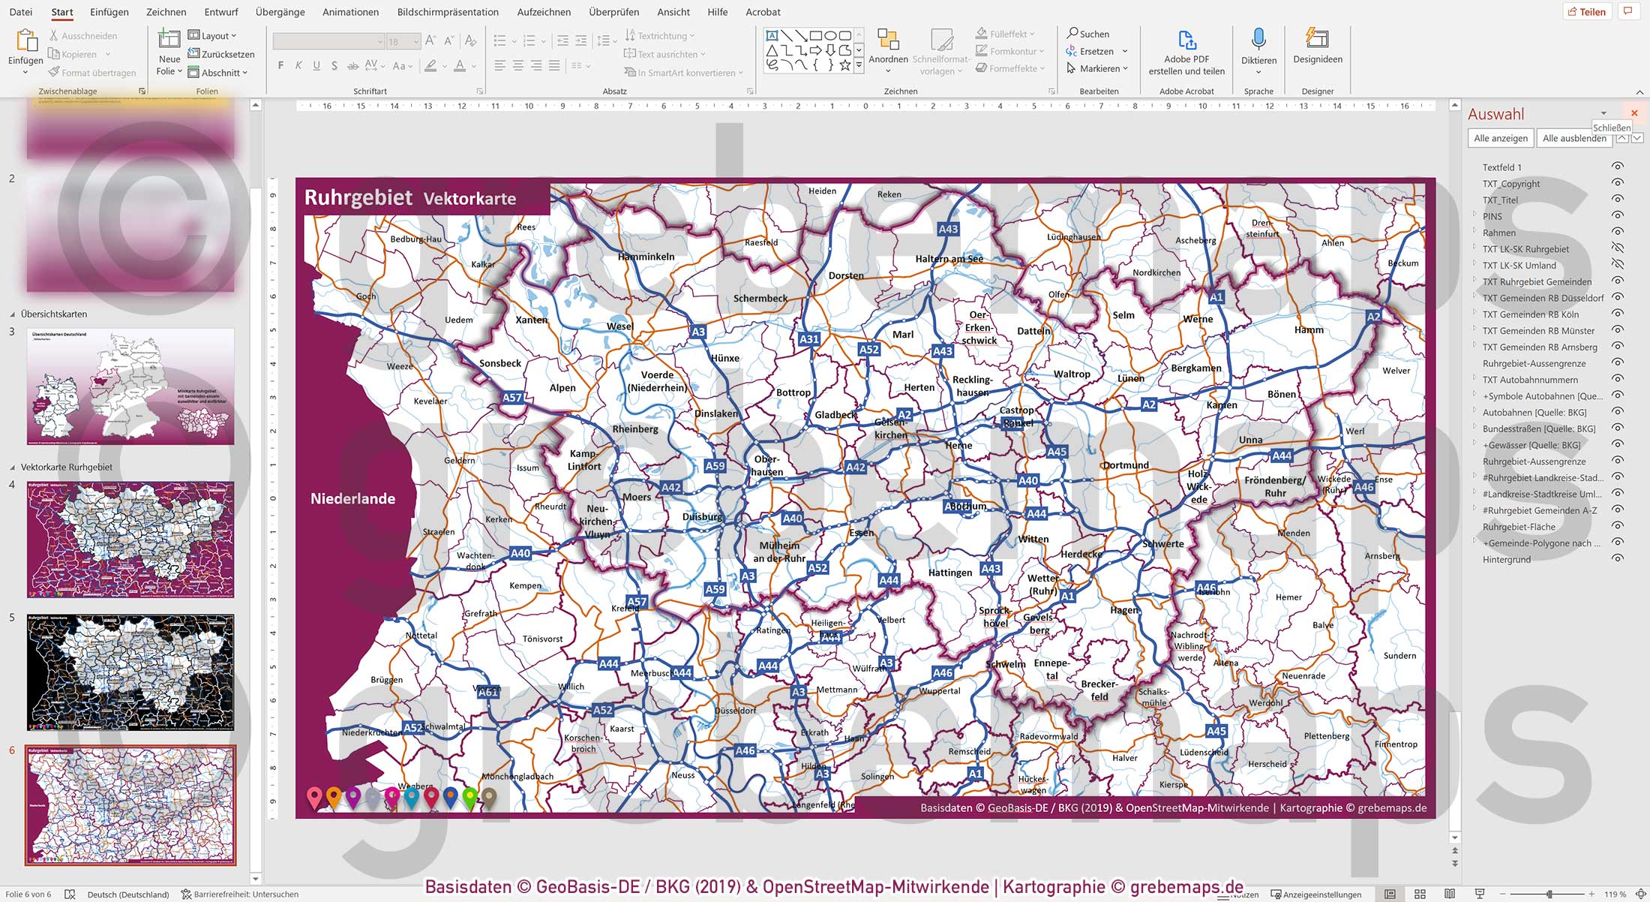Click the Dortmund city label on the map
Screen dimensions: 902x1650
1125,465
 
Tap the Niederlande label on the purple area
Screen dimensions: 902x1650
352,499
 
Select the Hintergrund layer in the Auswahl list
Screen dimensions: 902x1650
1506,559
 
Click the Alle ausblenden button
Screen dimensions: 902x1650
1573,138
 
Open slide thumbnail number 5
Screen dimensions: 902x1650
130,672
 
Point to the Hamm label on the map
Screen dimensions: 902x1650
1309,330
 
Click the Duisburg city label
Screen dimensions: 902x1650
702,516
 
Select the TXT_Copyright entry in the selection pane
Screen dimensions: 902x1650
1510,184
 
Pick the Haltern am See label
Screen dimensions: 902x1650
949,259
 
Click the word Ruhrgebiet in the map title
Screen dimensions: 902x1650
358,197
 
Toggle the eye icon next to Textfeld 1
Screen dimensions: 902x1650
1618,167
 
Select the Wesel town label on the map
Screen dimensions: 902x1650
619,326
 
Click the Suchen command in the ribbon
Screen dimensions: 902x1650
1088,34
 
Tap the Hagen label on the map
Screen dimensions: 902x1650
1123,610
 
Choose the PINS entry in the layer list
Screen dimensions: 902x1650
1492,216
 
